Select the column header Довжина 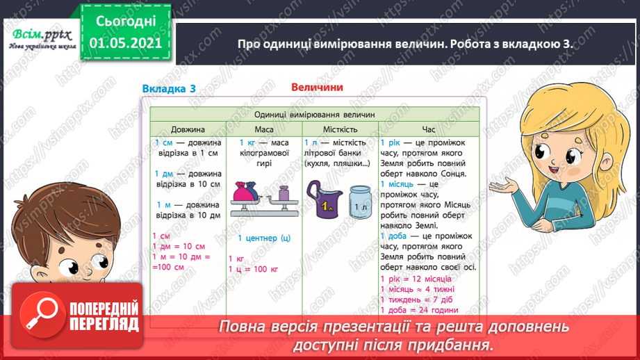(x=183, y=129)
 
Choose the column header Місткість (x=340, y=129)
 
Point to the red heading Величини (x=316, y=88)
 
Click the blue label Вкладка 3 (x=169, y=88)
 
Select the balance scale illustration (x=263, y=197)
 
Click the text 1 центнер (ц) (x=263, y=238)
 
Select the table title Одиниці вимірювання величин (x=314, y=114)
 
